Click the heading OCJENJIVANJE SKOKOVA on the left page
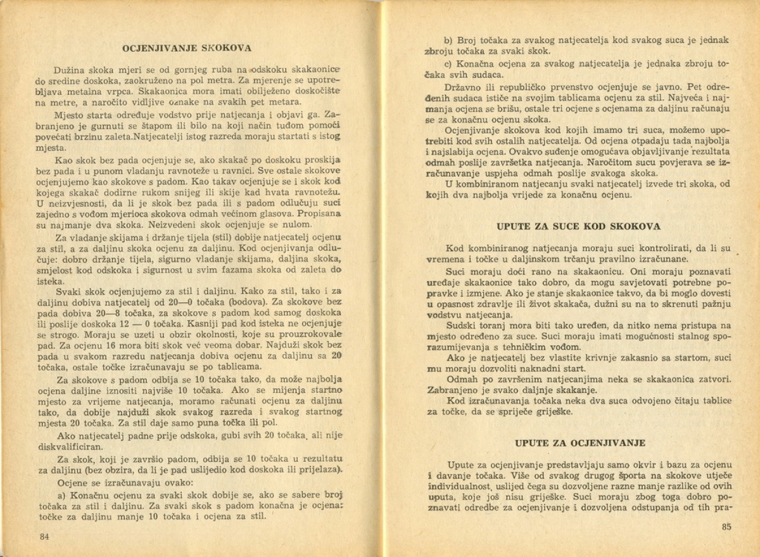186,48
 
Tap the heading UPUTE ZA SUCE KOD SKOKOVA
579,226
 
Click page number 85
726,526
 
